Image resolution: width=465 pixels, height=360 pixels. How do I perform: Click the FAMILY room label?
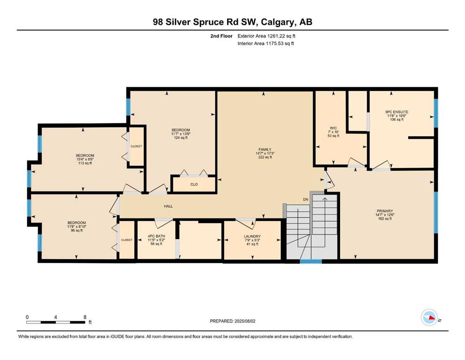click(265, 150)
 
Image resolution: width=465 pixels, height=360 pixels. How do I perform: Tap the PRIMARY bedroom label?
click(384, 211)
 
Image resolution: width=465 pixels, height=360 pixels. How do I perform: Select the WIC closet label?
click(333, 128)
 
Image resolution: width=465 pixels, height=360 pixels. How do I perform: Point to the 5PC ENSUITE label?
click(397, 112)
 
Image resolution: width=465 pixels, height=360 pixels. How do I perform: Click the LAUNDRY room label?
click(252, 237)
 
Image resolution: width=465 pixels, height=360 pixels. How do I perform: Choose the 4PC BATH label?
click(156, 236)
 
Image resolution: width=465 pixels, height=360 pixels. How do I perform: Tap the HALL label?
click(169, 206)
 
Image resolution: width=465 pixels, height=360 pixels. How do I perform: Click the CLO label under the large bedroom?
click(194, 184)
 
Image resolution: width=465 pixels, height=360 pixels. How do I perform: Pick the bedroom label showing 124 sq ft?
click(181, 130)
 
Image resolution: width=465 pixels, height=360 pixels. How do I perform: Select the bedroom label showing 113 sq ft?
click(85, 156)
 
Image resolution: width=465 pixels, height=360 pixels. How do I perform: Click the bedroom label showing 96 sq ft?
click(76, 223)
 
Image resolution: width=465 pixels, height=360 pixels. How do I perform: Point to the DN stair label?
click(305, 200)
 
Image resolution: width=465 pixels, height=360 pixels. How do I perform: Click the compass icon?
click(429, 317)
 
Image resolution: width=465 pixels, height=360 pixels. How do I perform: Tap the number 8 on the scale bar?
click(85, 317)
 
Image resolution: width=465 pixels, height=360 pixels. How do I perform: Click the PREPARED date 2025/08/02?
click(244, 321)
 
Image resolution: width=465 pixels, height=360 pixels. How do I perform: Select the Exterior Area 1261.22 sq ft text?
click(266, 36)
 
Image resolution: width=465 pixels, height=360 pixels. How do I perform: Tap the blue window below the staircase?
click(311, 262)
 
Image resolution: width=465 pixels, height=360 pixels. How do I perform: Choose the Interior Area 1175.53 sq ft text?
click(266, 43)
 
